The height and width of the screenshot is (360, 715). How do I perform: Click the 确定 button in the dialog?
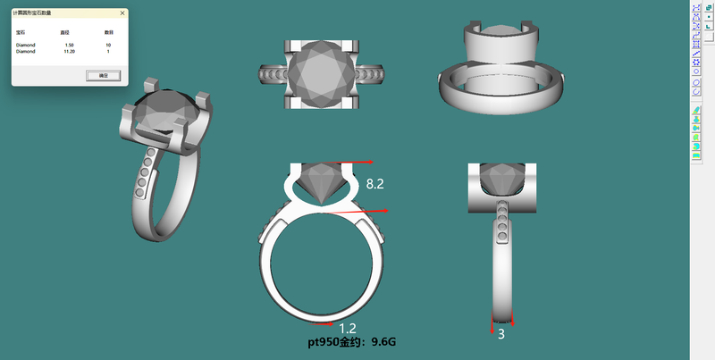tap(103, 76)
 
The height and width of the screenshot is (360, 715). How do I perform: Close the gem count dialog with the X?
tap(122, 13)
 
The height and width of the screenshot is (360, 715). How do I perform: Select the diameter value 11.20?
tap(67, 52)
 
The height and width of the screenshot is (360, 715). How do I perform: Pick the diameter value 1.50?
tap(67, 45)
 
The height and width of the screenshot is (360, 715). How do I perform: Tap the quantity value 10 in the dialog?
tap(108, 45)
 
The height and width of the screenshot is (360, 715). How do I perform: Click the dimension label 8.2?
tap(375, 183)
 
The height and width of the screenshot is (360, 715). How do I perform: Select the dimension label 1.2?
tap(348, 329)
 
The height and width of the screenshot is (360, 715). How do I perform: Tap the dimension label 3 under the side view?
tap(501, 334)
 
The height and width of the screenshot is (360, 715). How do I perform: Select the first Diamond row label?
tap(25, 45)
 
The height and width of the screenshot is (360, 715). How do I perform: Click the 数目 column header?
tap(108, 31)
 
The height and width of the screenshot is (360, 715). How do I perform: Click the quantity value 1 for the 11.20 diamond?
tap(108, 52)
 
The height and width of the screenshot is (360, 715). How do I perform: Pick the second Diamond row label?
tap(25, 52)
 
